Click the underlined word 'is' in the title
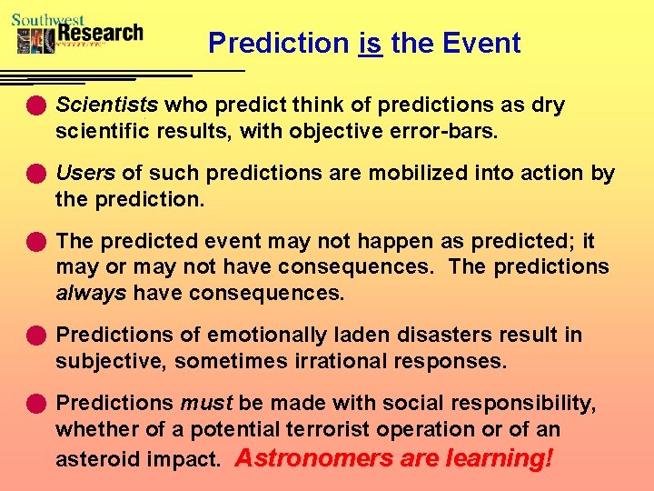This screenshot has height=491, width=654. click(371, 43)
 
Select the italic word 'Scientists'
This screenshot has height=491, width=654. click(107, 105)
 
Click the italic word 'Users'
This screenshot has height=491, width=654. click(85, 173)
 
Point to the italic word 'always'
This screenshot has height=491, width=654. click(92, 294)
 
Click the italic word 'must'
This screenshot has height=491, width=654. click(207, 403)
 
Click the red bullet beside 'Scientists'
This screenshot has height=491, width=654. click(35, 105)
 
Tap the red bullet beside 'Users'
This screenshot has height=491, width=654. click(35, 173)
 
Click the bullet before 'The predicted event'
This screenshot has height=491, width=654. click(35, 242)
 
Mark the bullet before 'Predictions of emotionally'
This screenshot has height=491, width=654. click(35, 336)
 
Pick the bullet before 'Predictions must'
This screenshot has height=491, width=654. click(35, 403)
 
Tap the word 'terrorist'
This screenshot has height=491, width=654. click(331, 429)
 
